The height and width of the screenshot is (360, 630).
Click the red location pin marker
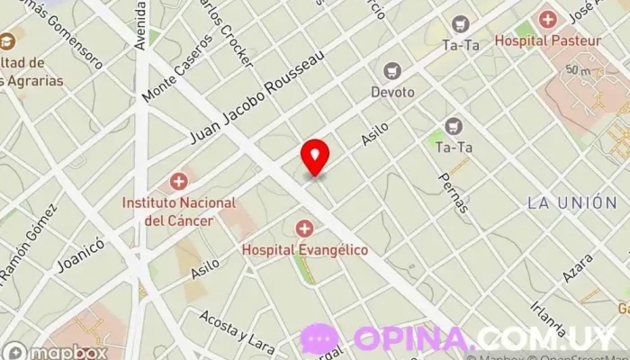click(315, 157)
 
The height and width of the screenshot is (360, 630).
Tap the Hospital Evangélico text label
click(304, 249)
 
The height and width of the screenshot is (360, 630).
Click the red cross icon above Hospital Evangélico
click(304, 229)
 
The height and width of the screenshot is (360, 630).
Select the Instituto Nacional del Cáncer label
click(179, 211)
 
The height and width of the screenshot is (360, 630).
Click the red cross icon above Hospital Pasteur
click(547, 18)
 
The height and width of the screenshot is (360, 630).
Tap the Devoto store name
click(392, 92)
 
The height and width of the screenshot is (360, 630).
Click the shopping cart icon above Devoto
click(392, 70)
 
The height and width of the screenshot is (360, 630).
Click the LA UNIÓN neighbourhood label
click(572, 203)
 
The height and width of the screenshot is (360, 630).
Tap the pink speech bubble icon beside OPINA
click(320, 339)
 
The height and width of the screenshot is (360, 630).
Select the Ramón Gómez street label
click(27, 243)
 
